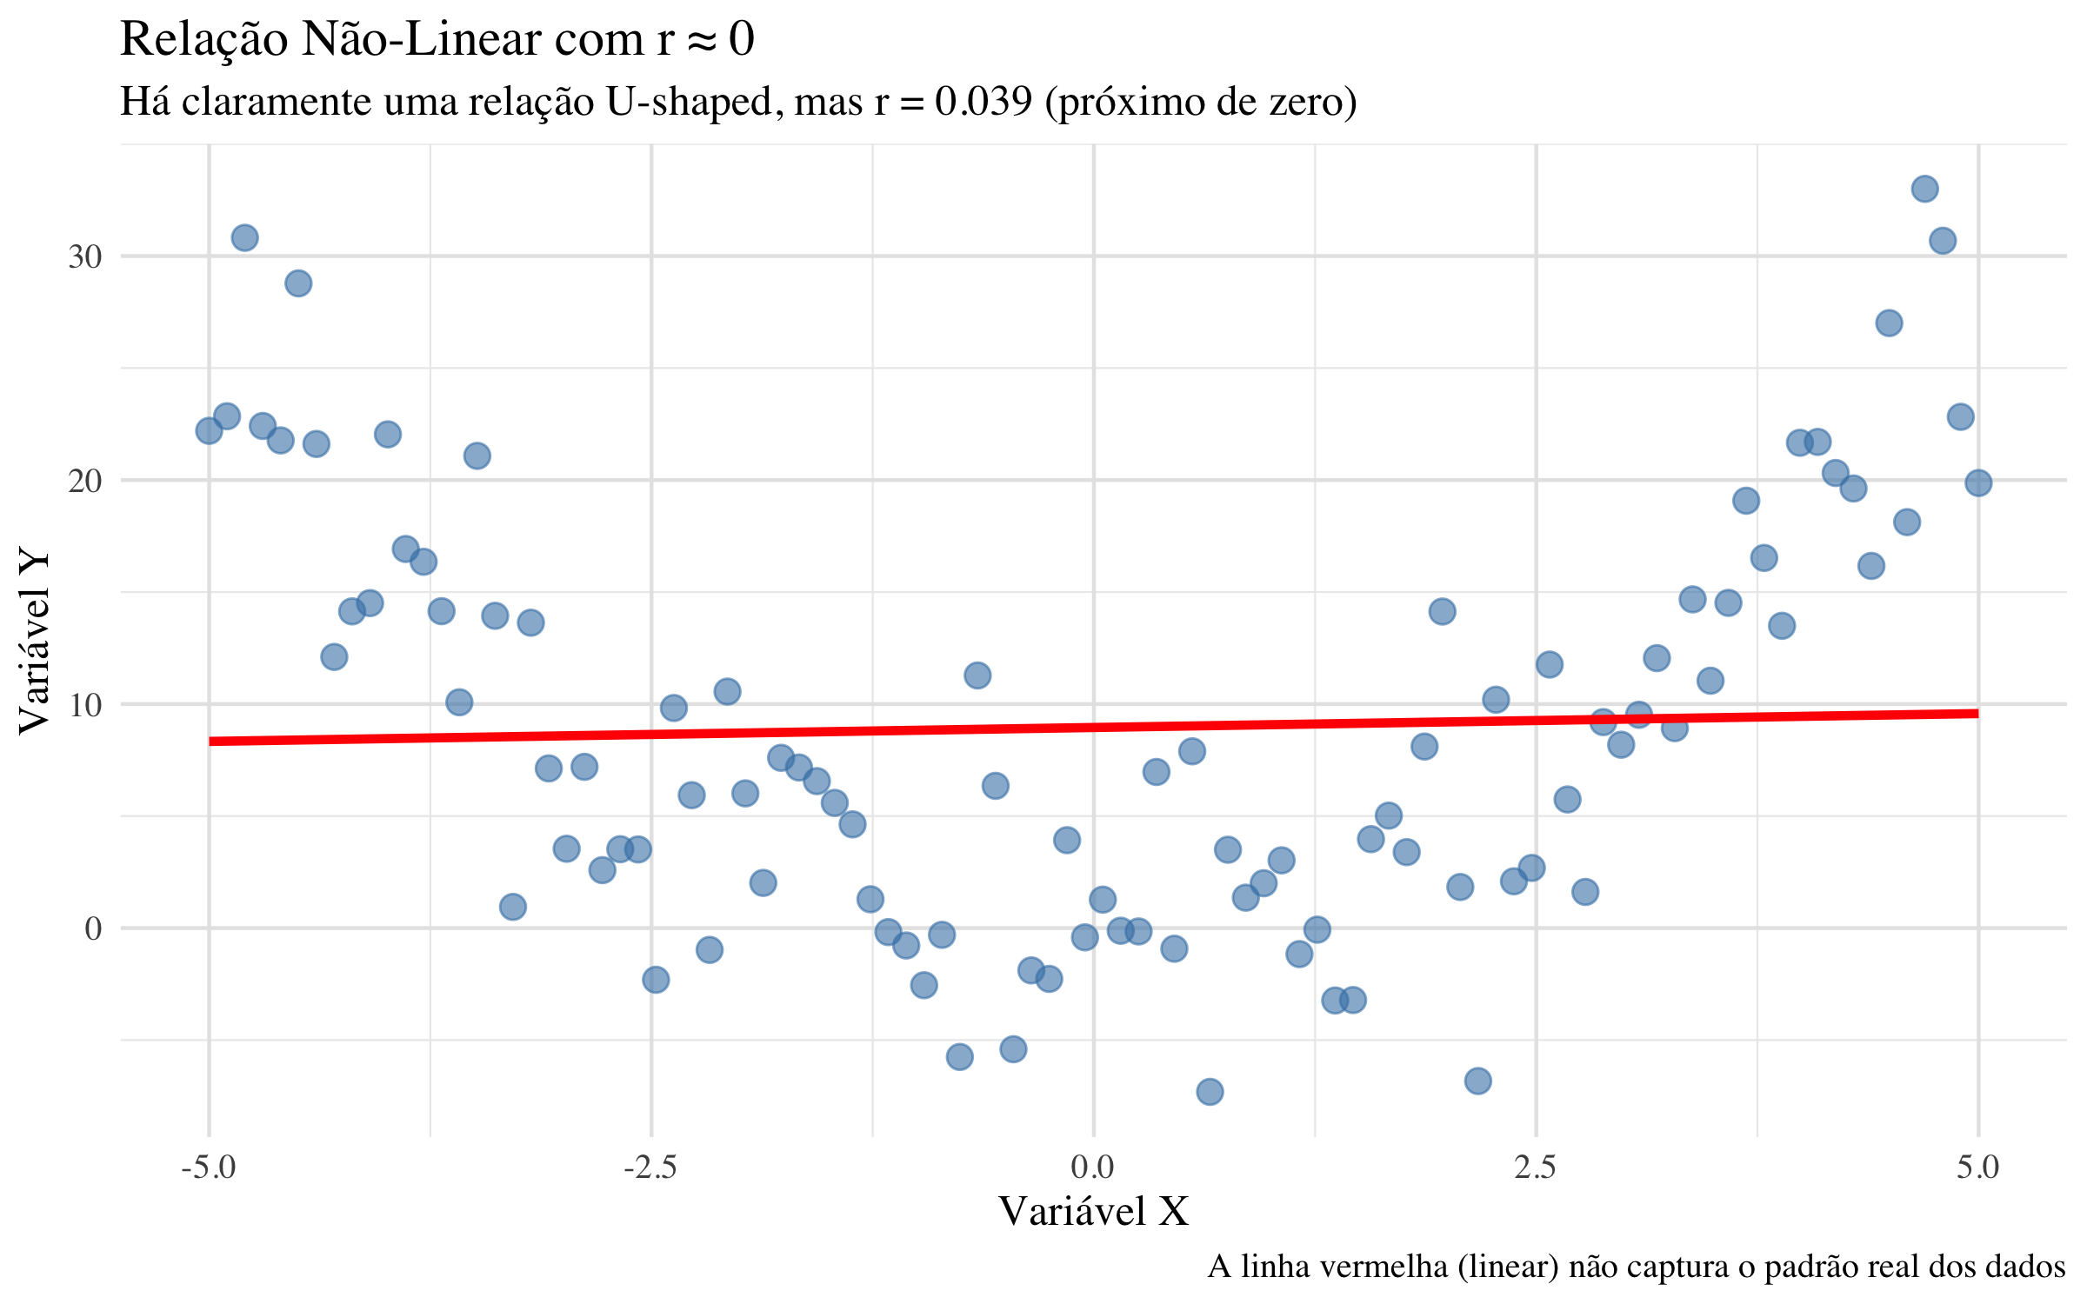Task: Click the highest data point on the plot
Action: point(1924,189)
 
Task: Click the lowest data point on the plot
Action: point(1210,1091)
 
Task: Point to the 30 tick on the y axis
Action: point(85,256)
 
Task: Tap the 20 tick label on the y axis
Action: point(85,481)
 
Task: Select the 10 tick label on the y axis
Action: point(85,705)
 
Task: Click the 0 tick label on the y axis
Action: point(93,928)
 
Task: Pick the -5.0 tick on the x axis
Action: point(209,1167)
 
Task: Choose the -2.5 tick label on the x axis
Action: point(650,1167)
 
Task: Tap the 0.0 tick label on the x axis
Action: point(1093,1167)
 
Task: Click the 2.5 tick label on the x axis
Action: point(1536,1167)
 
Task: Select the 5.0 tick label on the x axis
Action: point(1978,1167)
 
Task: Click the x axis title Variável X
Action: point(1093,1211)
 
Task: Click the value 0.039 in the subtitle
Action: point(983,102)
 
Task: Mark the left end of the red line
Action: point(210,741)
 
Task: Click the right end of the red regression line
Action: point(1977,713)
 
